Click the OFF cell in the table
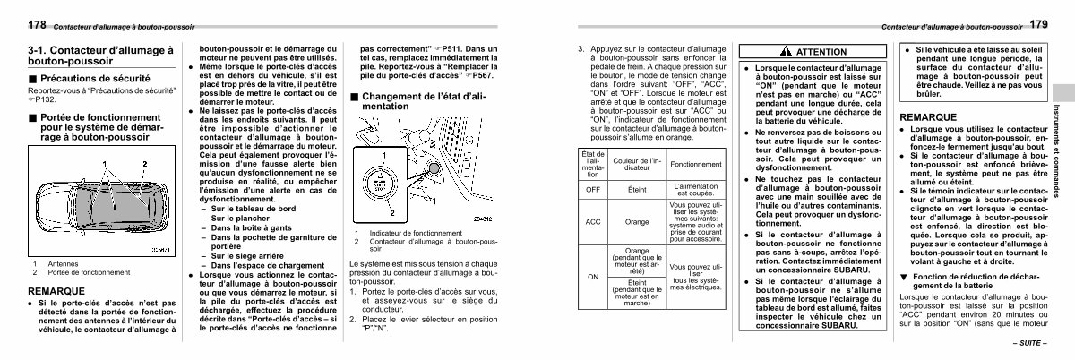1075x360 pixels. [592, 190]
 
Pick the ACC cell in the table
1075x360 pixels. [592, 221]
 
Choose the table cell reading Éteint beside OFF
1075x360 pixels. [637, 190]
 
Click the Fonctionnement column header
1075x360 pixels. [695, 164]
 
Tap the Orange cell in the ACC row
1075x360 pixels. [637, 221]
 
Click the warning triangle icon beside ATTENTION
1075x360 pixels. [784, 52]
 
